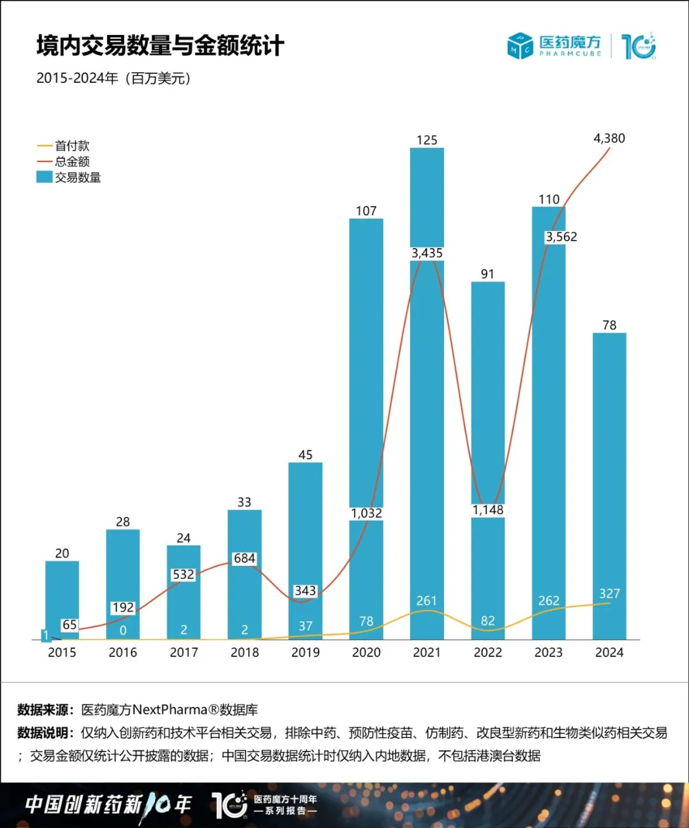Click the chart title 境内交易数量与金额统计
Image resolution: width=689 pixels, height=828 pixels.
pos(160,46)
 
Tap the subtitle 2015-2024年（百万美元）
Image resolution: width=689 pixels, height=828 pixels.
pos(114,78)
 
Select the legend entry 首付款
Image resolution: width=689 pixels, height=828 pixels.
pos(72,146)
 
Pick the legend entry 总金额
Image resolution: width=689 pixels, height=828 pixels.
pos(72,161)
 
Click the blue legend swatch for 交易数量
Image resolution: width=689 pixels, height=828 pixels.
pos(44,177)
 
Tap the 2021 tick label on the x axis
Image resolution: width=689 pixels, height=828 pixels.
pos(427,653)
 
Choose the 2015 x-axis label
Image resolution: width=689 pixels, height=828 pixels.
pos(62,653)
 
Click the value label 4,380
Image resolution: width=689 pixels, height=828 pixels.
pos(609,138)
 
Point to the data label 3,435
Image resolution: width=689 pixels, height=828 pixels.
pos(427,253)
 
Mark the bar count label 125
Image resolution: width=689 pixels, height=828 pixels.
pos(427,140)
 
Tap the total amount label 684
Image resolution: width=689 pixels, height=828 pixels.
pos(244,558)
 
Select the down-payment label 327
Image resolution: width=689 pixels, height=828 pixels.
pos(609,593)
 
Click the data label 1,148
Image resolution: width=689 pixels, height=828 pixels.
pos(488,510)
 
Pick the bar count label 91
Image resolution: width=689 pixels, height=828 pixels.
pos(487,274)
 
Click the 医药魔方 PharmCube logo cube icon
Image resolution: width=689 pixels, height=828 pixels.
pos(520,46)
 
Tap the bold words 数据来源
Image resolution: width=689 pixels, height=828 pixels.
pos(43,710)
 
